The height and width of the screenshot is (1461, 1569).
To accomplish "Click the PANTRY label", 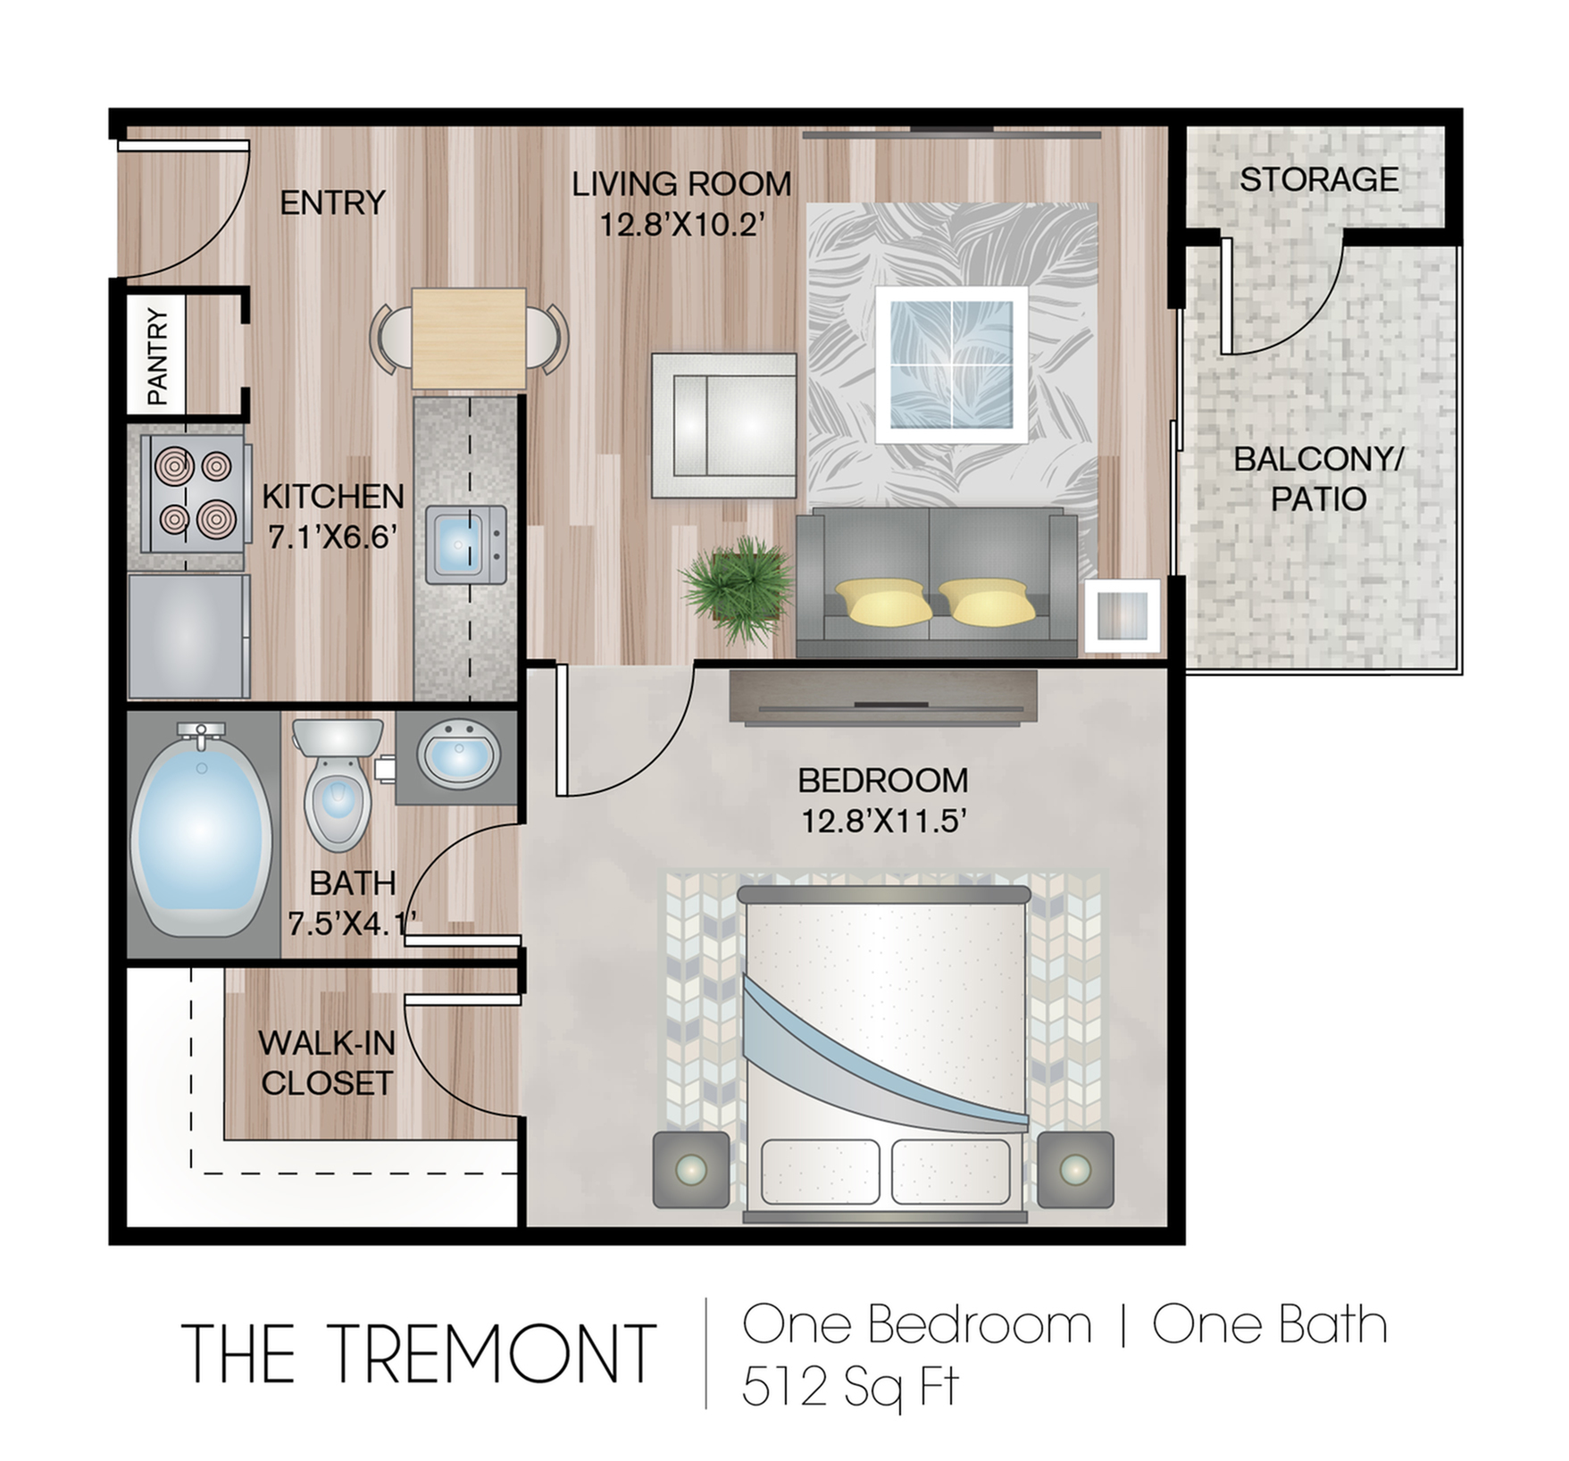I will pyautogui.click(x=157, y=355).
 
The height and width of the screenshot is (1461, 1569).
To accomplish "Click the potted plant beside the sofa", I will pyautogui.click(x=738, y=589).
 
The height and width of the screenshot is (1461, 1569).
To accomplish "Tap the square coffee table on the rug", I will pyautogui.click(x=951, y=364).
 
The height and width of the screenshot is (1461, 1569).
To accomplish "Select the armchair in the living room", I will pyautogui.click(x=723, y=425).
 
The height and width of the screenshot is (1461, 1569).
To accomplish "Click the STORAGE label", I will pyautogui.click(x=1318, y=179).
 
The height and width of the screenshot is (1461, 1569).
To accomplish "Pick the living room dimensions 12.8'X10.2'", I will pyautogui.click(x=681, y=224).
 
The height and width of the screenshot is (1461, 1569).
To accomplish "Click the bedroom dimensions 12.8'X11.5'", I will pyautogui.click(x=883, y=821).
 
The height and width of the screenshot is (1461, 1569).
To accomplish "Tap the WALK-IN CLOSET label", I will pyautogui.click(x=326, y=1063).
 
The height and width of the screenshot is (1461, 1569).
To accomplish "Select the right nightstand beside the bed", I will pyautogui.click(x=1075, y=1169).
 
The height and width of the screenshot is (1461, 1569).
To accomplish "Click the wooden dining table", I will pyautogui.click(x=468, y=338).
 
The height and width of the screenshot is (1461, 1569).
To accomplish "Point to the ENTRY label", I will pyautogui.click(x=332, y=203).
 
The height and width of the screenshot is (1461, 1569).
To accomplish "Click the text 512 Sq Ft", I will pyautogui.click(x=849, y=1388).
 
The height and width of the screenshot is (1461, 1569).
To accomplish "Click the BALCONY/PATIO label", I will pyautogui.click(x=1318, y=480).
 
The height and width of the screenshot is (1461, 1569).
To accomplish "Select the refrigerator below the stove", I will pyautogui.click(x=188, y=637).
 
